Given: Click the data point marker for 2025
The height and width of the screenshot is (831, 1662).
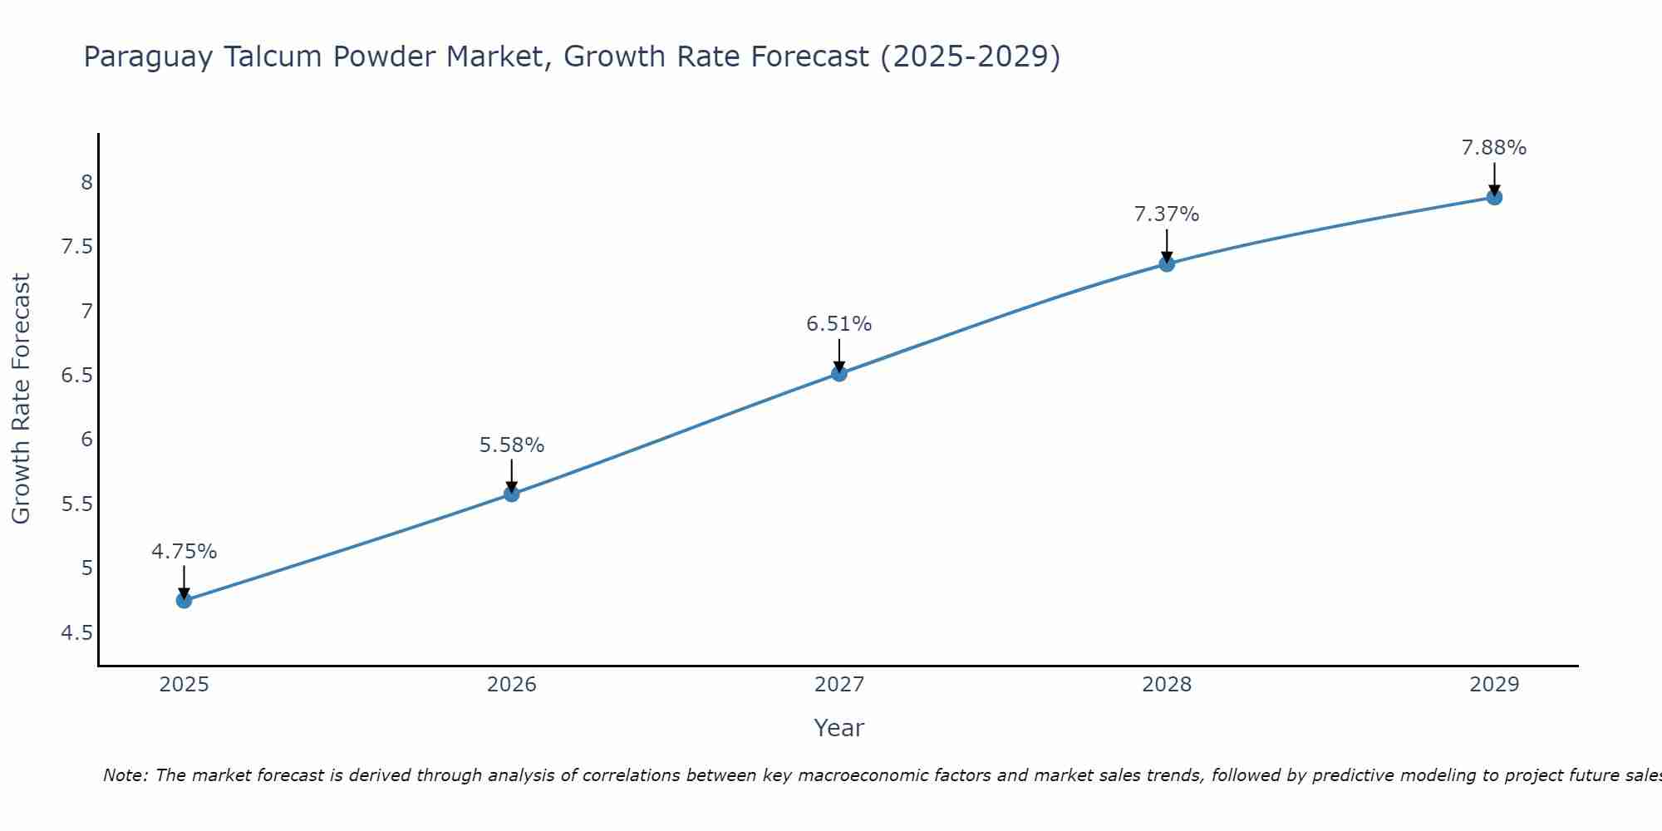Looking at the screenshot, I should pos(184,600).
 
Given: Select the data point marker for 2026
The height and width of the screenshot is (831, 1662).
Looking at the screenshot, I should pos(512,494).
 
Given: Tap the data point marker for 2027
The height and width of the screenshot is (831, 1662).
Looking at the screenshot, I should pos(839,373).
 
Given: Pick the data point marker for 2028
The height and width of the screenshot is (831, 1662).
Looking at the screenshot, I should pos(1167,263).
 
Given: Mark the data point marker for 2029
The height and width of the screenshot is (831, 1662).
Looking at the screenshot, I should pos(1494,197).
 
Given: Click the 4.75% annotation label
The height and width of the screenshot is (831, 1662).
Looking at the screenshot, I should pos(184,552).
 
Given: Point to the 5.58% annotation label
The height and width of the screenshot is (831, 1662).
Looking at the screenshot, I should pos(512,445).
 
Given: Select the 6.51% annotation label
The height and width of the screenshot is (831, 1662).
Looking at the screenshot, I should pos(839,324).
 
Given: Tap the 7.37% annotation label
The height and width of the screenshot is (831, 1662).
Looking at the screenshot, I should pos(1167,214).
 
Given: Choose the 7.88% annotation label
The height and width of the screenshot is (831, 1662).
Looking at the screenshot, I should pos(1494,148).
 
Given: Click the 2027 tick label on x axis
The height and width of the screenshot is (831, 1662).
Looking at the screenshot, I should pos(839,685).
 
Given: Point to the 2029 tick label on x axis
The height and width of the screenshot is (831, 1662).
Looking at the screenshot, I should pos(1494,685).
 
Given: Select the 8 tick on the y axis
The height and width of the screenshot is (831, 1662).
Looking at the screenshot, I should pos(86,182).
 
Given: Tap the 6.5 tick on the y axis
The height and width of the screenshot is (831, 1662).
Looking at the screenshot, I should pos(77,375).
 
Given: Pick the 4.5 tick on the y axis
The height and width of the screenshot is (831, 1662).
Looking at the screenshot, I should pos(77,633).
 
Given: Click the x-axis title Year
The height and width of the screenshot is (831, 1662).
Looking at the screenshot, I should pos(839,728).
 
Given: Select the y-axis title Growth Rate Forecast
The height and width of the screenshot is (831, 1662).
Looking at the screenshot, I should pos(21,399).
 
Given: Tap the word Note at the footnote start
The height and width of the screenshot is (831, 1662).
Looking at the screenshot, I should pos(125,775).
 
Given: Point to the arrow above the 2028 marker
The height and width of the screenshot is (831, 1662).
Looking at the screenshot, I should pos(1167,245).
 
